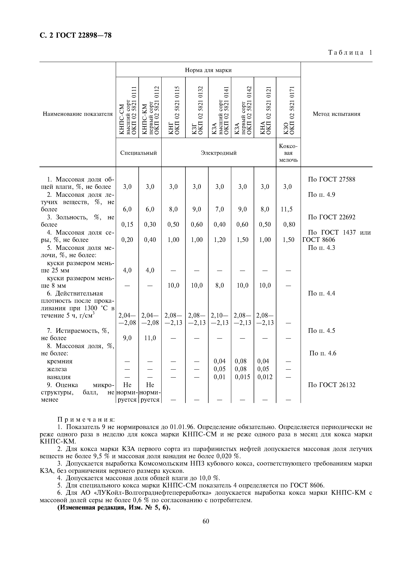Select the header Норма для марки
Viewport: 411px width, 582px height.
[x=208, y=70]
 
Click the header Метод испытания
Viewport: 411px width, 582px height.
[x=336, y=114]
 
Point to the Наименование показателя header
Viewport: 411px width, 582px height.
[x=77, y=114]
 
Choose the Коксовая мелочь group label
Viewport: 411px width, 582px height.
[x=288, y=153]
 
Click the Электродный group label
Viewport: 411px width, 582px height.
[x=219, y=153]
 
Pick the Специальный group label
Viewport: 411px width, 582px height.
[x=138, y=153]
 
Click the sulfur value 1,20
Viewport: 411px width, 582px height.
[x=220, y=240]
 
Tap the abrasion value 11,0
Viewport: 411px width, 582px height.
[x=150, y=338]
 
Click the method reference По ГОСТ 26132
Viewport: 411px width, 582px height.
[x=331, y=385]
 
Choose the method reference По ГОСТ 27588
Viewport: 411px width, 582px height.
[x=331, y=180]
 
